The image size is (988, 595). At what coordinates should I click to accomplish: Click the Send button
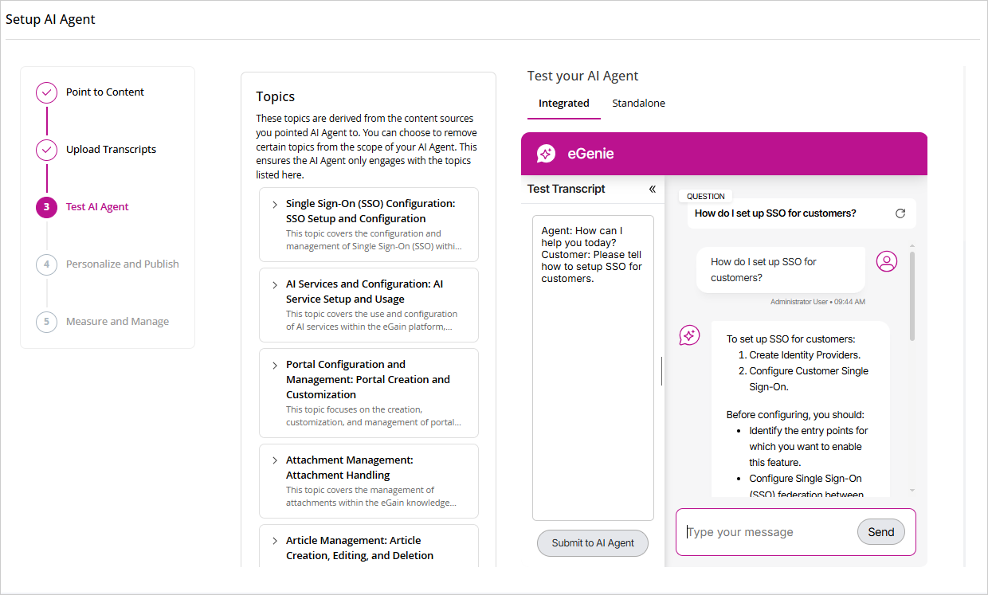[880, 532]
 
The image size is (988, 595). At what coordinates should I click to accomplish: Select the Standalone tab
[638, 104]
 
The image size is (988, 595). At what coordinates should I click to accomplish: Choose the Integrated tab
[563, 104]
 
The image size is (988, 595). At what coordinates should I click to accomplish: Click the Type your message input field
[765, 532]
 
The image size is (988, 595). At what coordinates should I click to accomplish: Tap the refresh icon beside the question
[900, 213]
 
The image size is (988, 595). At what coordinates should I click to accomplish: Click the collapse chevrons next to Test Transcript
[652, 189]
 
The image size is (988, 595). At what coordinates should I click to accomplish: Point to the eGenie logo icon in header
[546, 154]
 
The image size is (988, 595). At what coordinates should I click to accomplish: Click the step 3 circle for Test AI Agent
[46, 207]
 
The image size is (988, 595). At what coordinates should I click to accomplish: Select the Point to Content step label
[105, 92]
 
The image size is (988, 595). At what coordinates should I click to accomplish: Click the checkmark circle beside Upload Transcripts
[46, 150]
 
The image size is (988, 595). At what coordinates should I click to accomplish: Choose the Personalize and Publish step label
[123, 264]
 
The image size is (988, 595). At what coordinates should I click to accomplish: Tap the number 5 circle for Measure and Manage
[46, 322]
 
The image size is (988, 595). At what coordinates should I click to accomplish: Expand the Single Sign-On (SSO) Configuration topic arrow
[275, 205]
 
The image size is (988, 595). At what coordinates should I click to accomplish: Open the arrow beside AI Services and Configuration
[275, 284]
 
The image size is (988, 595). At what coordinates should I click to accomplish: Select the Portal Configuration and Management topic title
[367, 379]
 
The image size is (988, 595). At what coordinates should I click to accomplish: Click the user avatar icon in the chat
[887, 261]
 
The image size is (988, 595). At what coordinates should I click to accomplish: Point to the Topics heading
[276, 97]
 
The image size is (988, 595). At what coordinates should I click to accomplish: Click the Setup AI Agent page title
[50, 20]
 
